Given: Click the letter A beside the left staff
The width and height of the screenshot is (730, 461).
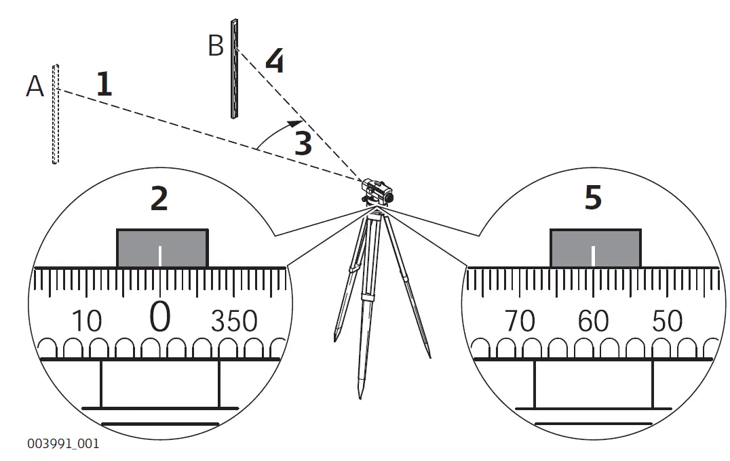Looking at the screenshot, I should tap(35, 86).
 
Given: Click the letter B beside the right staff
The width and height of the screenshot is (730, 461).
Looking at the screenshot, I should tap(216, 46).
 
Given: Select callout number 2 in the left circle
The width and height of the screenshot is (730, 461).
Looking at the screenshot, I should tap(159, 197).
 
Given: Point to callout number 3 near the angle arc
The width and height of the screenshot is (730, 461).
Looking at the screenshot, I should tap(303, 144).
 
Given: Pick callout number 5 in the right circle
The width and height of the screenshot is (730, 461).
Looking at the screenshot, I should tap(592, 197).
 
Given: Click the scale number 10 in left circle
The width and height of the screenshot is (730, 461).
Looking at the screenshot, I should tap(86, 321).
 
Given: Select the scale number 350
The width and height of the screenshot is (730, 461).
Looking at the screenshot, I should tap(234, 321).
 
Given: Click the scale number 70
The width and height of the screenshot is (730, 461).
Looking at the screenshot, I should tap(520, 321).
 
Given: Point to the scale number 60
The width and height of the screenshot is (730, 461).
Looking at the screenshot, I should tap(593, 321).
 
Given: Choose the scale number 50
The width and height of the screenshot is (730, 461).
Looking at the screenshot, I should tap(666, 321).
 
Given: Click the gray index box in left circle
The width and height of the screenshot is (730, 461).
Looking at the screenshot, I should tap(162, 248).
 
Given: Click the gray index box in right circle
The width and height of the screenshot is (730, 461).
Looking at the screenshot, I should tap(595, 248).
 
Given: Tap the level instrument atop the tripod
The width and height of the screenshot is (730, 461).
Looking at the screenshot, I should tap(375, 190).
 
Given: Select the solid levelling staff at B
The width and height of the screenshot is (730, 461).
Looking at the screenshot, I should tap(234, 68).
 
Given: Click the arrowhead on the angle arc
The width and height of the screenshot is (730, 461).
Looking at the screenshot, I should tap(294, 123).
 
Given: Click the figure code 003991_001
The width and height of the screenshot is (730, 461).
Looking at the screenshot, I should tap(63, 444).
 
